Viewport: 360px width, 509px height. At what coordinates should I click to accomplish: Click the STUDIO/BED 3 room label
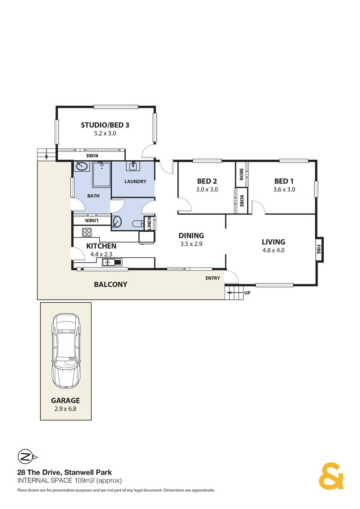click(105, 125)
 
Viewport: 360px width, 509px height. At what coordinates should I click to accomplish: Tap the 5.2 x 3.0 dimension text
click(105, 133)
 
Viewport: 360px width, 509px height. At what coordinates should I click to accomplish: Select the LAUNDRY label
click(135, 182)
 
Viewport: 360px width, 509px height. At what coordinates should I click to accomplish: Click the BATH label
click(93, 196)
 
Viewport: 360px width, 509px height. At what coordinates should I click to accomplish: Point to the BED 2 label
click(207, 181)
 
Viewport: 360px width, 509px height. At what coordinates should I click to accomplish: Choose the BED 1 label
click(284, 181)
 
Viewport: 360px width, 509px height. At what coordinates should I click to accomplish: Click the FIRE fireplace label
click(319, 249)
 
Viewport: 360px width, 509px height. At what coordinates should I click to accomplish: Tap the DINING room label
click(191, 236)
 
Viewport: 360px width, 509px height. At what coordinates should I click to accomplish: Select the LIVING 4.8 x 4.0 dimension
click(273, 250)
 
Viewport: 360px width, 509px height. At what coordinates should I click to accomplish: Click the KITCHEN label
click(101, 246)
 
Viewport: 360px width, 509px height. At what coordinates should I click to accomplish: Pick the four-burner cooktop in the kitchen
click(87, 232)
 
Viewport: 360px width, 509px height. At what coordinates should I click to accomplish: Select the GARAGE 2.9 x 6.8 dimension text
click(65, 409)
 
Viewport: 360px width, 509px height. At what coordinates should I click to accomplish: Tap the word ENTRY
click(212, 278)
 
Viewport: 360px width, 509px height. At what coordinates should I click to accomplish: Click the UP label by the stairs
click(247, 293)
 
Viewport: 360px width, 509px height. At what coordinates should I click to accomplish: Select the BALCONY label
click(111, 285)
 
